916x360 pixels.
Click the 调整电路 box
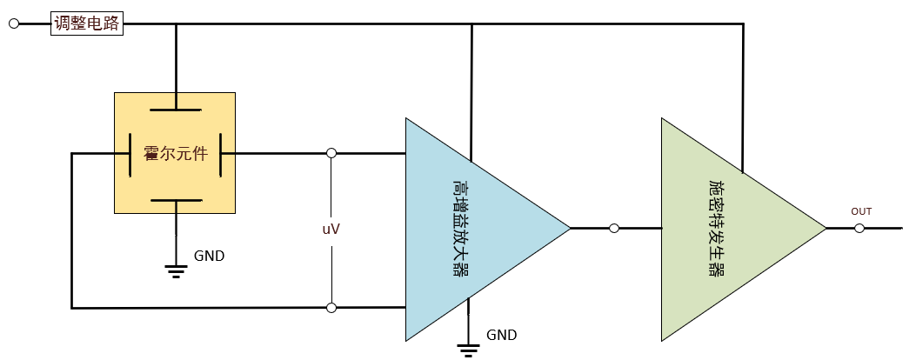tap(87, 23)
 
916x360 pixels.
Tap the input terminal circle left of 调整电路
tap(15, 23)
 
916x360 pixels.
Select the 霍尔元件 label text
tap(175, 154)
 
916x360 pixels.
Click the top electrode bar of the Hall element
tap(176, 110)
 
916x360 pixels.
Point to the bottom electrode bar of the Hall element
tap(176, 201)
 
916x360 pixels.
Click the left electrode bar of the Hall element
tap(130, 154)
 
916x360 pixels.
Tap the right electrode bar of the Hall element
tap(222, 154)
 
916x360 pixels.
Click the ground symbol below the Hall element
tap(176, 271)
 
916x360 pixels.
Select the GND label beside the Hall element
tap(209, 256)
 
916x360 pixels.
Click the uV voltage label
tap(331, 229)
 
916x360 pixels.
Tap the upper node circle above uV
tap(331, 153)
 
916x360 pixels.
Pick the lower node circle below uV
tap(331, 308)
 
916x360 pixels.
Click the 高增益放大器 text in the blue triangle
tap(461, 229)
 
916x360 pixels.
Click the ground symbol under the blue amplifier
tap(468, 350)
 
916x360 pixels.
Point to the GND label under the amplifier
tap(502, 335)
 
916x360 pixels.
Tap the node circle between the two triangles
tap(614, 228)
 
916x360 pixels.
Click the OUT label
tap(861, 211)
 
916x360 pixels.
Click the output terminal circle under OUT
tap(859, 228)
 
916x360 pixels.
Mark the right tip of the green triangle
tap(826, 228)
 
